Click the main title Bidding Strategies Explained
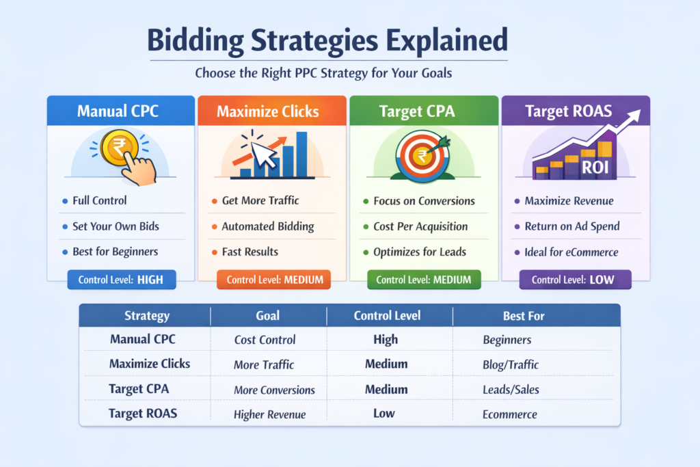pos(327,40)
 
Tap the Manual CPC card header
pos(118,111)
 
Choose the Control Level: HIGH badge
pos(117,279)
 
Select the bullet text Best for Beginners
pos(115,252)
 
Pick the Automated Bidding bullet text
pos(267,226)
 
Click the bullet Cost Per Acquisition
pos(420,226)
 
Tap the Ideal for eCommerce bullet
pos(571,252)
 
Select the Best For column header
pos(524,316)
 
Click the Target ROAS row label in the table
pos(144,414)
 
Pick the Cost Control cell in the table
pos(265,340)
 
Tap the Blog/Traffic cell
pos(510,364)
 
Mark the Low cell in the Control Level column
pos(386,414)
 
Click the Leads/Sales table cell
pos(511,389)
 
